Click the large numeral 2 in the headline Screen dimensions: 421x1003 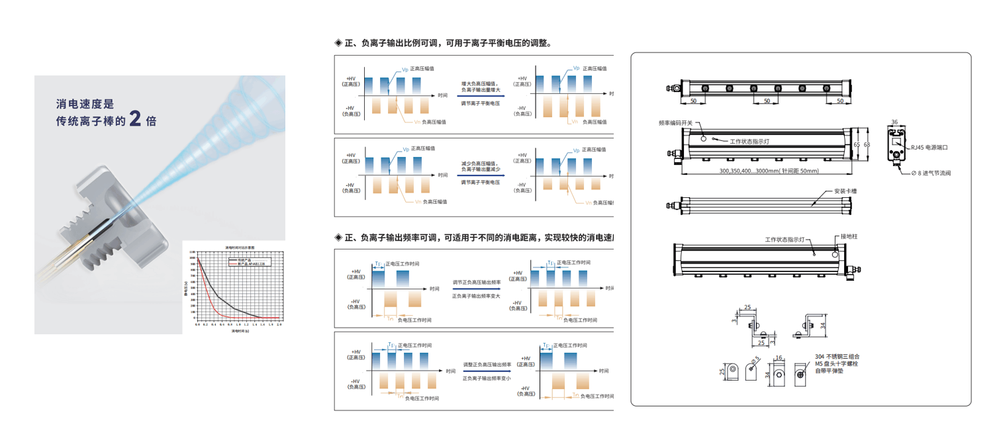[x=134, y=119]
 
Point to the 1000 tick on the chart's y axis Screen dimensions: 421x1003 [x=192, y=252]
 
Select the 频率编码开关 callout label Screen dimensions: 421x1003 [x=675, y=123]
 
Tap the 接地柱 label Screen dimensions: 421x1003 [x=849, y=236]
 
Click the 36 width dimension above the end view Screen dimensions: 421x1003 [x=894, y=122]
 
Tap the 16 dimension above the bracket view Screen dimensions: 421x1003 [x=779, y=357]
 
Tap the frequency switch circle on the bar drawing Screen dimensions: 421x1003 [x=703, y=137]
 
